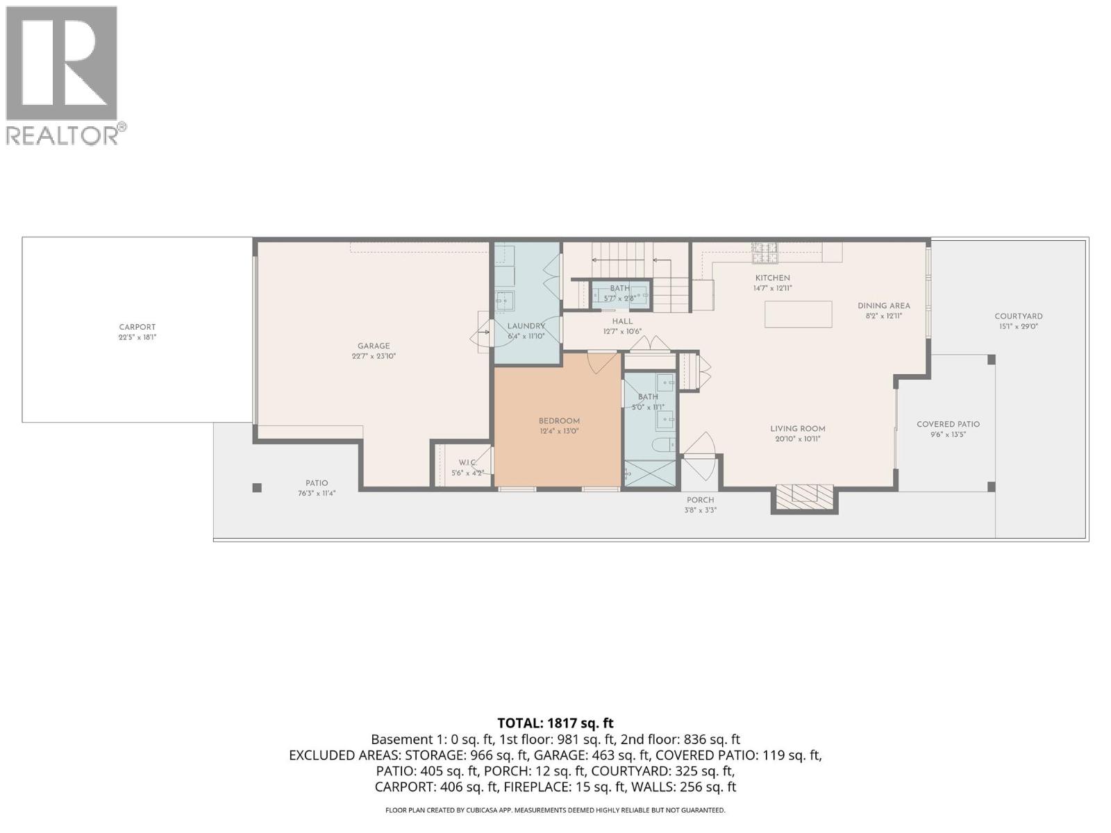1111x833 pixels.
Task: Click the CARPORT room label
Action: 137,327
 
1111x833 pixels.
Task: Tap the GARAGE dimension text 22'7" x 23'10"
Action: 374,356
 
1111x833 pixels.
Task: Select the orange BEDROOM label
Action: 559,421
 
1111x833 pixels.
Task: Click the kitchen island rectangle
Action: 799,314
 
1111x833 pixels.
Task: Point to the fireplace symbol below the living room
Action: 805,495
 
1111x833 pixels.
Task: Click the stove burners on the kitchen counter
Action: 765,253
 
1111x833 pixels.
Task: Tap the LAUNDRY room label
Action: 526,326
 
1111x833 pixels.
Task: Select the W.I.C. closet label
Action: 467,462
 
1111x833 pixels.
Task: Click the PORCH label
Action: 700,500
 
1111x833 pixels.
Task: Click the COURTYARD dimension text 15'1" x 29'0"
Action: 1018,326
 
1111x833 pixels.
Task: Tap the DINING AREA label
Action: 883,305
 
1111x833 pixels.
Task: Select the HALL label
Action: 622,321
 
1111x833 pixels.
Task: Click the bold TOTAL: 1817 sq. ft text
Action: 555,723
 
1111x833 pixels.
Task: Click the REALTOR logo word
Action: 62,135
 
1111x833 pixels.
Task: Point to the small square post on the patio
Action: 257,488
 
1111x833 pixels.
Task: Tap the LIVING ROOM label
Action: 797,429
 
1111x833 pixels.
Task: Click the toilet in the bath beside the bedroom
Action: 663,446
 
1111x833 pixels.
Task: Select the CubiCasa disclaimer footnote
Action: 555,810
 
